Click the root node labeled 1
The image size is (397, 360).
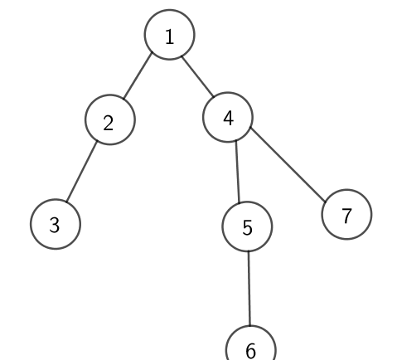pyautogui.click(x=169, y=35)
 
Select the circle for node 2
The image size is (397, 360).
pyautogui.click(x=110, y=119)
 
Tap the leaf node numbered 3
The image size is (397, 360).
pyautogui.click(x=56, y=224)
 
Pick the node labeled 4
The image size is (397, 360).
pyautogui.click(x=228, y=117)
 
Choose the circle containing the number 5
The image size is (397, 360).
pyautogui.click(x=247, y=226)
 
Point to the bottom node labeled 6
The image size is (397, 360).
pyautogui.click(x=251, y=347)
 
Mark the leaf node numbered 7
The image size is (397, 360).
pyautogui.click(x=346, y=214)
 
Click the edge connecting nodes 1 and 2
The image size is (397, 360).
pyautogui.click(x=138, y=75)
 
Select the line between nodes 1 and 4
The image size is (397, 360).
pyautogui.click(x=197, y=76)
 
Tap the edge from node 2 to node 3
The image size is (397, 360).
pyautogui.click(x=82, y=172)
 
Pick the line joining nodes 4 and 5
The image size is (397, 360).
pyautogui.click(x=237, y=172)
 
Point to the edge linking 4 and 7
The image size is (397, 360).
pyautogui.click(x=288, y=164)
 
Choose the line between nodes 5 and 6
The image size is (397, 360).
pyautogui.click(x=249, y=288)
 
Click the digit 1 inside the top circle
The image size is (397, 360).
pyautogui.click(x=170, y=37)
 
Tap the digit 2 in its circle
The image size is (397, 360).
pyautogui.click(x=109, y=123)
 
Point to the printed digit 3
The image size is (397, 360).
pyautogui.click(x=55, y=225)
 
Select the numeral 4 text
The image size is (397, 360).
pyautogui.click(x=228, y=119)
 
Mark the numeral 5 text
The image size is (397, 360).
pyautogui.click(x=247, y=228)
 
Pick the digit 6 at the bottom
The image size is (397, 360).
pyautogui.click(x=250, y=351)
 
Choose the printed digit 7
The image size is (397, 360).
pyautogui.click(x=346, y=216)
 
